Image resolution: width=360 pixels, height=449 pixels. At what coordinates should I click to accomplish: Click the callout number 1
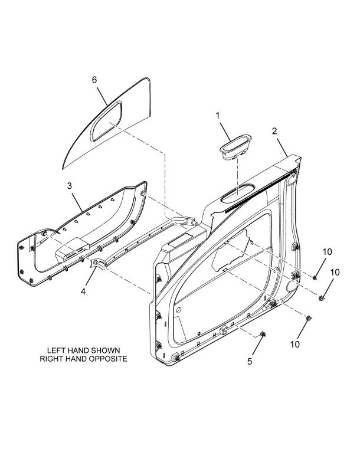coord(218,116)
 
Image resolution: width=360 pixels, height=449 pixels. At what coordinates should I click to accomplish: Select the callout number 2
coord(274,131)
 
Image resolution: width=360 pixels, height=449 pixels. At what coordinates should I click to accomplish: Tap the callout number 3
coord(69,186)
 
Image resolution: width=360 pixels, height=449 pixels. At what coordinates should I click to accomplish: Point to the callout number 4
coord(83,291)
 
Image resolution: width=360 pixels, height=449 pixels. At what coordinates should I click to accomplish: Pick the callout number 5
coord(250,361)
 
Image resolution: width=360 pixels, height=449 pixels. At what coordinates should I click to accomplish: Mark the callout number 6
coord(94,80)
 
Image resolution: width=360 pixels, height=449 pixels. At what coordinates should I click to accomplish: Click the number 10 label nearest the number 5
coord(294,344)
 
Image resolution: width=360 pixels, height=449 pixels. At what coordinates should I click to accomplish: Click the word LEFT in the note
coord(55,350)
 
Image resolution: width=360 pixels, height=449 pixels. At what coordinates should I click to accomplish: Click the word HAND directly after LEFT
coord(74,350)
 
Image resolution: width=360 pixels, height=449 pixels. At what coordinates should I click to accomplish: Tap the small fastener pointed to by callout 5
coord(263,334)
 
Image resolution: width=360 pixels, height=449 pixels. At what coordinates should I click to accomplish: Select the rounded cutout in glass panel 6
coord(106,121)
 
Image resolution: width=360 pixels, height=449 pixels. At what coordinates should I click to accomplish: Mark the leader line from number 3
coord(77,202)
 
